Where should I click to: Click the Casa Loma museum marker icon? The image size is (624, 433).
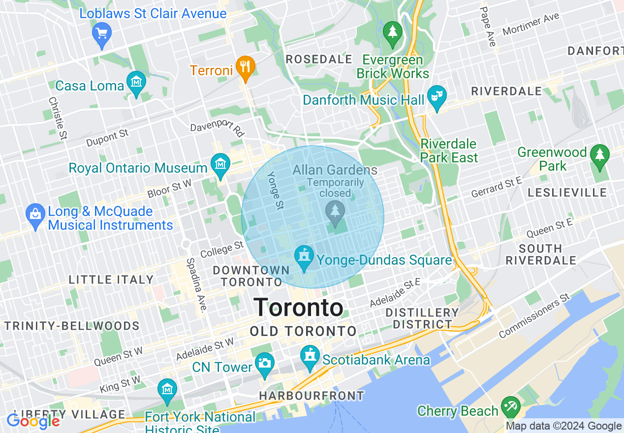(x=136, y=82)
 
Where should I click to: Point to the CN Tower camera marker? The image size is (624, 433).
(x=264, y=364)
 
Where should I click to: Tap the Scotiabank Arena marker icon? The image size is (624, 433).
(x=310, y=356)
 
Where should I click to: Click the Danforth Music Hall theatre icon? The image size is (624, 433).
(x=436, y=96)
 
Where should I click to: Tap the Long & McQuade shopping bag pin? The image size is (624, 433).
(x=35, y=215)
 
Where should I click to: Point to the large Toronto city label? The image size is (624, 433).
(x=298, y=308)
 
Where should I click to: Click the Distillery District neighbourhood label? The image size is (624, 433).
(x=422, y=318)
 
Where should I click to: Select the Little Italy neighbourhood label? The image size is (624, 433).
(x=111, y=279)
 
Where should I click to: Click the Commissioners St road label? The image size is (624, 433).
(x=534, y=316)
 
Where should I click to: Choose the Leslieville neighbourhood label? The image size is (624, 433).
(x=567, y=192)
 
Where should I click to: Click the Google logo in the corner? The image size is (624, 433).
(x=33, y=421)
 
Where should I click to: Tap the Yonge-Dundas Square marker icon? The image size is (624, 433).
(x=304, y=257)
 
